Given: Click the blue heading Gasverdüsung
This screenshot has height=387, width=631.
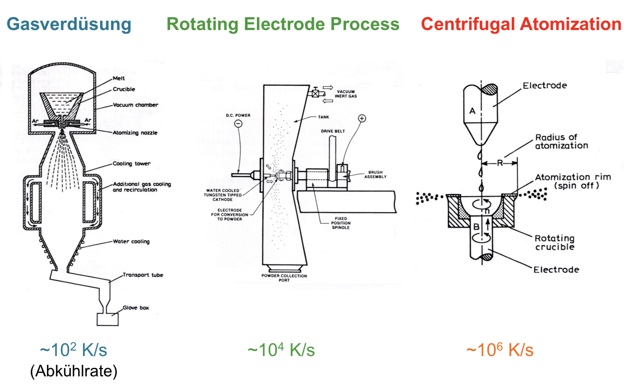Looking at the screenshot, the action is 69,25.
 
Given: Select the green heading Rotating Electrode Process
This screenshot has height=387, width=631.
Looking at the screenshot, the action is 283,24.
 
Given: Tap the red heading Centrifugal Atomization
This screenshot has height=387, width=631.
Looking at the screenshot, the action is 521,24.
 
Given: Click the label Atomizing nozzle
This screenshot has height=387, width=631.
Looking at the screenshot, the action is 135,133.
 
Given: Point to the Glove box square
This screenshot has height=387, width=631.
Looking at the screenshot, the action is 108,319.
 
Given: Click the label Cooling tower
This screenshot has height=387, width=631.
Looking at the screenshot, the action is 131,164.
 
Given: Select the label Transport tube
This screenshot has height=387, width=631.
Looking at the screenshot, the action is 143,275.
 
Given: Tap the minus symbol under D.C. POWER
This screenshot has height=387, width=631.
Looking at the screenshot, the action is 238,124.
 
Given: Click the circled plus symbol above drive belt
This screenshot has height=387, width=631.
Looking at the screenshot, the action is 362,118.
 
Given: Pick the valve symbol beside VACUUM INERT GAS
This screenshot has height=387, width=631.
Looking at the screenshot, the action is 315,94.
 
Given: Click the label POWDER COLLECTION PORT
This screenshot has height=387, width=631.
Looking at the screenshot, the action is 284,278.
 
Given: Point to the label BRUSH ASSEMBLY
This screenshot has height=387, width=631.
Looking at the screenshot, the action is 376,175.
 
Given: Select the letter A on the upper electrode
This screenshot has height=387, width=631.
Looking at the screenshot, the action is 472,111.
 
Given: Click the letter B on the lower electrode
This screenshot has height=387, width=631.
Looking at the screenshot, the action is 476,227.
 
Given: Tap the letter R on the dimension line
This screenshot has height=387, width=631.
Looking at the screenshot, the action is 500,163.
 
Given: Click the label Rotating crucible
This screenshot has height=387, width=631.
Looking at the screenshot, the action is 555,242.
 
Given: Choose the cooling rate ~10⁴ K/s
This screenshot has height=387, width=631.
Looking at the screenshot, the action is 281,350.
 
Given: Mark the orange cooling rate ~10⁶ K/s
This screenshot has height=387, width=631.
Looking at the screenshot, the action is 500,350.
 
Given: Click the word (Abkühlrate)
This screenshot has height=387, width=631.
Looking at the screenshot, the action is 74,371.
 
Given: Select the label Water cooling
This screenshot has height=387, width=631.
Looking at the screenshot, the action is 131,241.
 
